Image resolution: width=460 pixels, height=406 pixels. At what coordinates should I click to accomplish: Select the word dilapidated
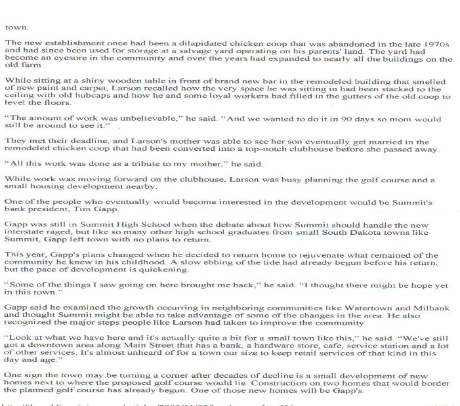(157, 43)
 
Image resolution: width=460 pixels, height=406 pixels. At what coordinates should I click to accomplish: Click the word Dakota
(371, 233)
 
